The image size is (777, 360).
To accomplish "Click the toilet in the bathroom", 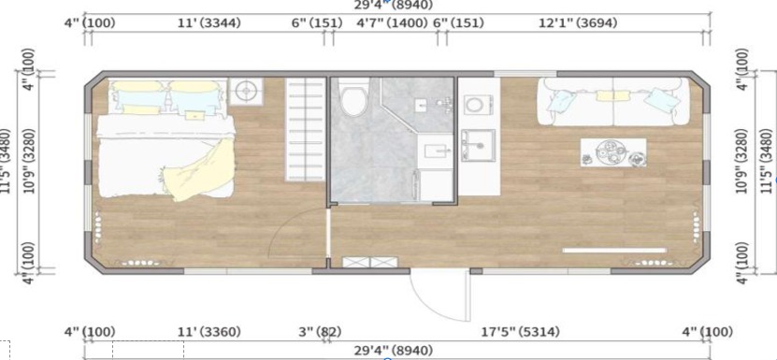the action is click(353, 97).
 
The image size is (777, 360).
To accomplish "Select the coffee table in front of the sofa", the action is click(613, 152).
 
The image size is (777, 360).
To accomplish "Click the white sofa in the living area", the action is click(613, 102).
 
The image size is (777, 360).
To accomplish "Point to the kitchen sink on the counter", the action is click(478, 145).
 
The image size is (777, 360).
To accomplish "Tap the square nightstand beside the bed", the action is click(246, 92).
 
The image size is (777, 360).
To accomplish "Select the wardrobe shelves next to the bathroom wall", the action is click(305, 130).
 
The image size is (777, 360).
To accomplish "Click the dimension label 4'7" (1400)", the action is click(393, 22).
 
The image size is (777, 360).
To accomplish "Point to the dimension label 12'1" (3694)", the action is click(578, 22).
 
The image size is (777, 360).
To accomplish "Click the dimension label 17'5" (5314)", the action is click(520, 332).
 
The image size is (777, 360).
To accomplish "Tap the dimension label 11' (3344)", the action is click(209, 22).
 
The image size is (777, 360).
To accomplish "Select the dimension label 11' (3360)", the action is click(209, 332).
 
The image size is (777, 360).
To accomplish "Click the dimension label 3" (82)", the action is click(320, 332).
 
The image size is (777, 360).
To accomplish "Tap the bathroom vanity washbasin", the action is click(436, 151).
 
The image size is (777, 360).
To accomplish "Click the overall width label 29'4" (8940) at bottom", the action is click(393, 351).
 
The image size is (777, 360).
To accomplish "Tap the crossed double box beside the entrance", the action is click(370, 263).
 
